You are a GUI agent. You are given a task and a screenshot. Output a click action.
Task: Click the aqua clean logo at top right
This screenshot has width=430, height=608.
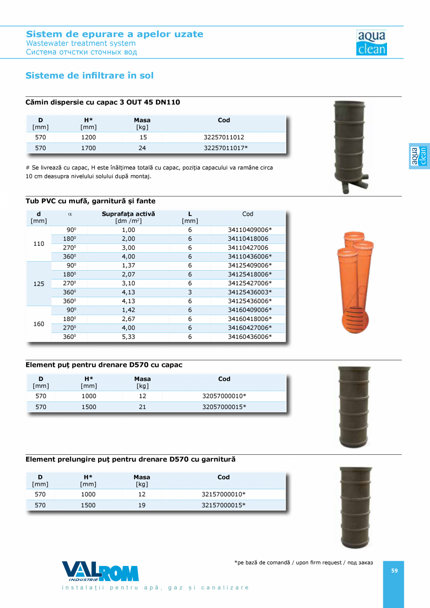coord(372,43)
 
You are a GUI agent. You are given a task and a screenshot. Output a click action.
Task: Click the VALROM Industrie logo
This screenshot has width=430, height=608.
coord(100,571)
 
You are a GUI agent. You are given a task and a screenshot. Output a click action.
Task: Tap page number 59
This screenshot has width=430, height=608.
coord(394,570)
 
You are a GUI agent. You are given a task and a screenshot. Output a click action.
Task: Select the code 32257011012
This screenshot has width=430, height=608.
coord(224,137)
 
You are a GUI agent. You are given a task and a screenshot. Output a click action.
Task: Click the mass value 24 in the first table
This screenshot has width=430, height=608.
coord(142,148)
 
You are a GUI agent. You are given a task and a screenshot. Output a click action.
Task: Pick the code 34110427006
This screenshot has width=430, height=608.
coord(248,248)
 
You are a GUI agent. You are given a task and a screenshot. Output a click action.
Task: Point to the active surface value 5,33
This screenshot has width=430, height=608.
coord(129,336)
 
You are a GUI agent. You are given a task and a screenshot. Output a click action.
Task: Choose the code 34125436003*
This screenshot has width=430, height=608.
coord(250,292)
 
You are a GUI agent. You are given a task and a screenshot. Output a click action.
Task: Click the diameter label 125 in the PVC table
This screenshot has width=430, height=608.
coord(39,284)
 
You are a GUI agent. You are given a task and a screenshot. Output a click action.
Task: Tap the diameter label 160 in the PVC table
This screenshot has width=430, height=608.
coord(39,323)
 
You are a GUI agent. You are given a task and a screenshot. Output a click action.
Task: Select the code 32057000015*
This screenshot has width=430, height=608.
coord(224,407)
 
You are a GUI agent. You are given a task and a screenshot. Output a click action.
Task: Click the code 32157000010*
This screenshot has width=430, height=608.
coord(224,494)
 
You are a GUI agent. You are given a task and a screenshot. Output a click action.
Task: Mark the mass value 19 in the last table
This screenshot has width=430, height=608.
coord(142,505)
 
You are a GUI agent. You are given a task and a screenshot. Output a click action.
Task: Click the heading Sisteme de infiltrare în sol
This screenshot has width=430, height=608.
coord(89,75)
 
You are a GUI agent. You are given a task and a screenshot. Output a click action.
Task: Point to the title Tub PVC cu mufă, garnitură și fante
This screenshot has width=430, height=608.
coord(90,201)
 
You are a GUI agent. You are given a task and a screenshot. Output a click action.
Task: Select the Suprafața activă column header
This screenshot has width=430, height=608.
coord(129,214)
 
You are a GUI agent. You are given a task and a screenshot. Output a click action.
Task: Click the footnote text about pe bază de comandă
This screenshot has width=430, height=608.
coord(303,563)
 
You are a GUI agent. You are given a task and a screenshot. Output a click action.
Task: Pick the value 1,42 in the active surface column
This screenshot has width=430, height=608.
coord(129,310)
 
